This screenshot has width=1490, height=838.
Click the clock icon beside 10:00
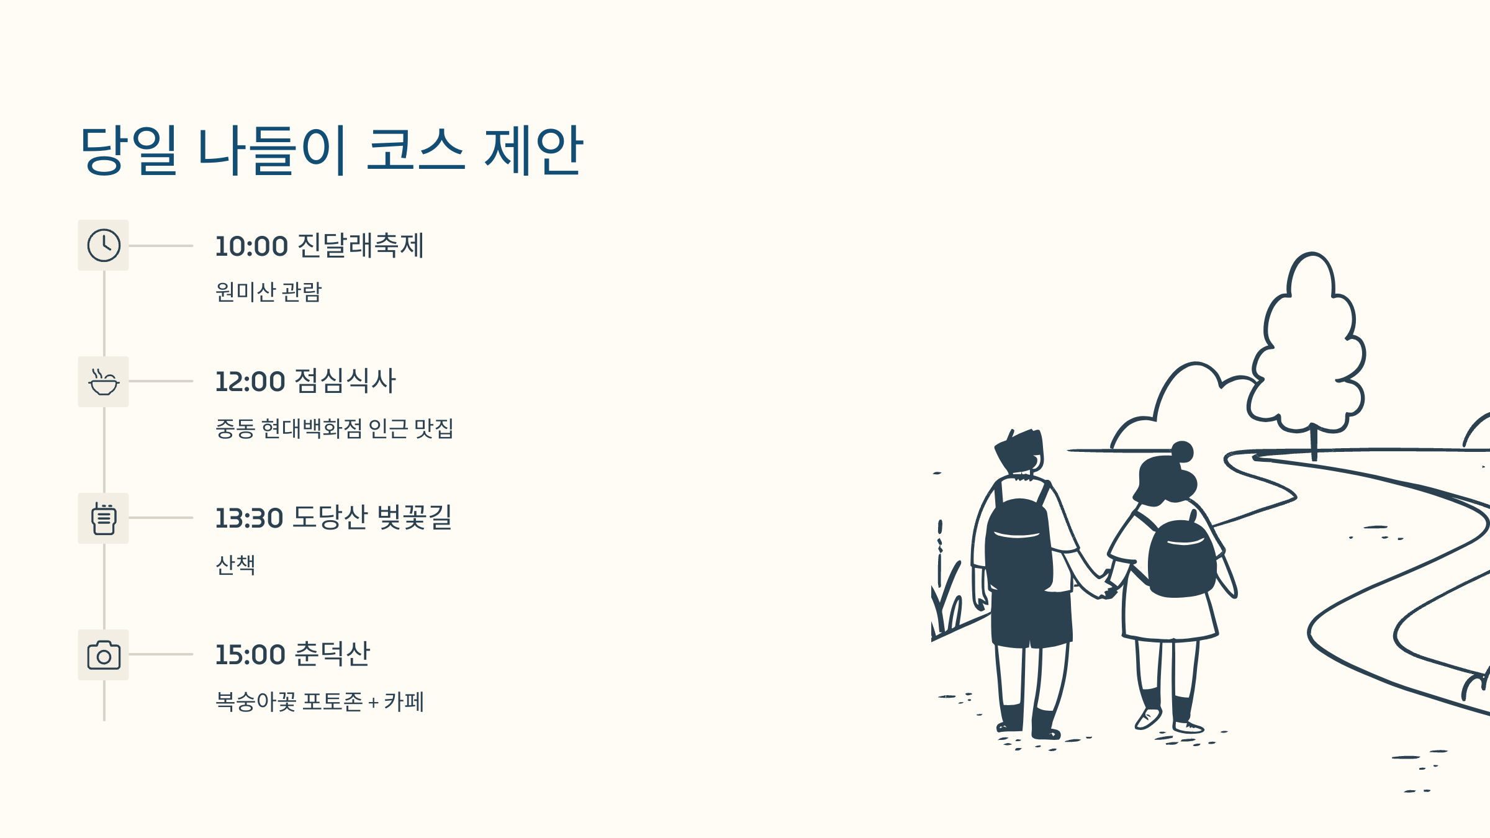click(x=104, y=245)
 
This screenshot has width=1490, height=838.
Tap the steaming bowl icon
click(x=104, y=382)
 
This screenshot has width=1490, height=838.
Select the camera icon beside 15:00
click(x=104, y=656)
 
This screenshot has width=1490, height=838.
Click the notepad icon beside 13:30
click(x=104, y=519)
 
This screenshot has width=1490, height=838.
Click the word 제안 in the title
click(x=533, y=150)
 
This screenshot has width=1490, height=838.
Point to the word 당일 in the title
click(x=129, y=150)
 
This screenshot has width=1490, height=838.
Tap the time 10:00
click(x=251, y=246)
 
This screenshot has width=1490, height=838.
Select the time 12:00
click(x=250, y=382)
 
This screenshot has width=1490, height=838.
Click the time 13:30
click(x=249, y=518)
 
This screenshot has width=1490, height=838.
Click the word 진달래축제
click(x=361, y=245)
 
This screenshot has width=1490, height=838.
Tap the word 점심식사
click(x=345, y=381)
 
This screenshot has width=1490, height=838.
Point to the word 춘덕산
click(x=332, y=654)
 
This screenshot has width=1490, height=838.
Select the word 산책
click(x=235, y=565)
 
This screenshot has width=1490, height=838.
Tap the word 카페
click(x=404, y=701)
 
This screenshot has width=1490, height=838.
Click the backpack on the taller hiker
click(x=1018, y=546)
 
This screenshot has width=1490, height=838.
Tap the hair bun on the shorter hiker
click(x=1182, y=451)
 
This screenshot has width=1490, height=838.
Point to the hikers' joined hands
click(x=1108, y=590)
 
